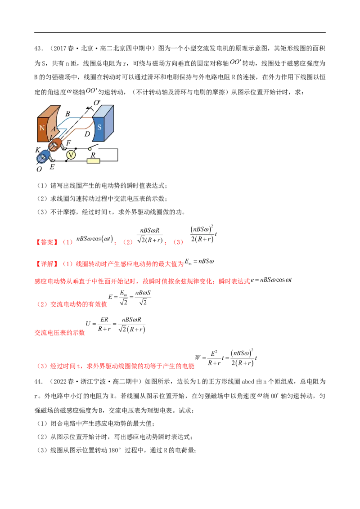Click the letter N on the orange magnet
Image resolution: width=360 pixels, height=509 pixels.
(x=42, y=128)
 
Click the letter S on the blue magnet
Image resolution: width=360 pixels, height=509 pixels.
(x=99, y=127)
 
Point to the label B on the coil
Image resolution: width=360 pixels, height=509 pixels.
(x=67, y=114)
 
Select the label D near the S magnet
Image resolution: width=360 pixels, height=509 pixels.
(x=87, y=134)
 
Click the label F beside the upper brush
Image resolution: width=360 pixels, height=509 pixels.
(x=68, y=143)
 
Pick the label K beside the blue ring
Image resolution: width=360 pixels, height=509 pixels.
(x=38, y=148)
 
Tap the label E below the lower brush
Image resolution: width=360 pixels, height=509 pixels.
(x=52, y=166)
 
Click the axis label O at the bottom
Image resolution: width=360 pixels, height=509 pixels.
(x=39, y=170)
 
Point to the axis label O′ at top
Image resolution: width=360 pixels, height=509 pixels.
(x=97, y=103)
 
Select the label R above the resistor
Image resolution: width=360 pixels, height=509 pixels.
(x=93, y=155)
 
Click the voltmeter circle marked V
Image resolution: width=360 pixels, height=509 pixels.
(x=71, y=155)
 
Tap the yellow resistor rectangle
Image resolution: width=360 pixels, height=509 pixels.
(x=93, y=161)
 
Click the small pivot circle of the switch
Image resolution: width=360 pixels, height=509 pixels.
(x=90, y=149)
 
